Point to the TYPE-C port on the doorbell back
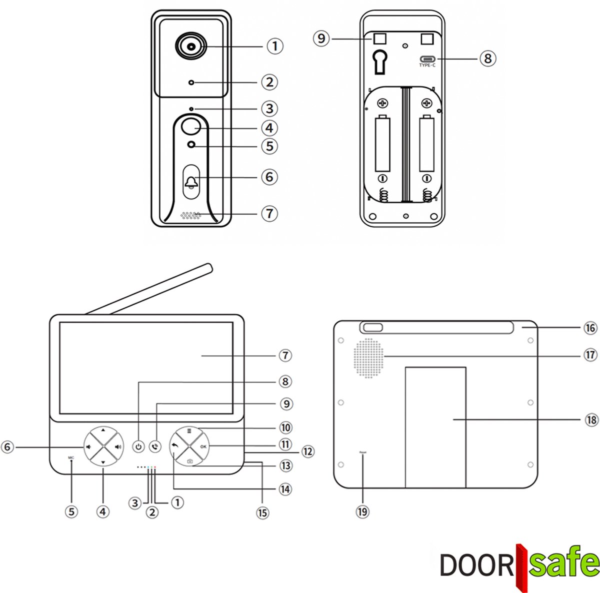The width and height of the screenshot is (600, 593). click(x=427, y=59)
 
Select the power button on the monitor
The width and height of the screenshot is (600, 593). click(x=138, y=446)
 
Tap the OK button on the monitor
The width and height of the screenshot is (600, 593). click(x=203, y=446)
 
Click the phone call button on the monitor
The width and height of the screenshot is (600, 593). click(x=156, y=446)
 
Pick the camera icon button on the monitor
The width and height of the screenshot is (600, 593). click(x=189, y=460)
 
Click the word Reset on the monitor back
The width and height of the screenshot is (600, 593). click(x=362, y=452)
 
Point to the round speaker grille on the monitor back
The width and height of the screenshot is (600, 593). click(x=368, y=357)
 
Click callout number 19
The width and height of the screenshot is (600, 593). click(x=362, y=511)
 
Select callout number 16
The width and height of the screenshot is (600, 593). click(x=590, y=328)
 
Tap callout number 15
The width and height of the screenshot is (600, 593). click(x=262, y=512)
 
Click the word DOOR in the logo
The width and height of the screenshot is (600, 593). click(x=476, y=564)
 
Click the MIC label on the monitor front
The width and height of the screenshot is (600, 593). click(x=71, y=457)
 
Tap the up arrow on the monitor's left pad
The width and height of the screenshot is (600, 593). click(x=102, y=430)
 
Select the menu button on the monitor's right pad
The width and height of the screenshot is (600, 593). click(x=189, y=431)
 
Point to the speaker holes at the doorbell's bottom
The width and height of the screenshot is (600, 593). click(x=190, y=216)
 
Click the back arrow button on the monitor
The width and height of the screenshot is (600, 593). click(x=175, y=445)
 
